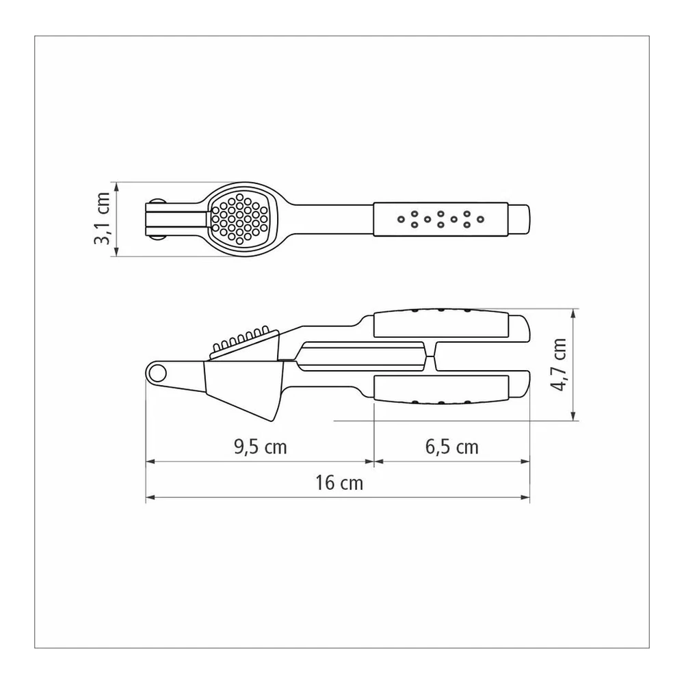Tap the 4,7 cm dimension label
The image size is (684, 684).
(x=558, y=365)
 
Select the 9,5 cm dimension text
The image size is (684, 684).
(x=261, y=447)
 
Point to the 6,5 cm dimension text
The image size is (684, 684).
(x=452, y=447)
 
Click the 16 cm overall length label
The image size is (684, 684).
(x=339, y=483)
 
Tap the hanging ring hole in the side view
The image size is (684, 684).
(x=156, y=373)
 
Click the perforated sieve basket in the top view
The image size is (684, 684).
(x=239, y=219)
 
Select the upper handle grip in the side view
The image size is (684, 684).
(x=441, y=324)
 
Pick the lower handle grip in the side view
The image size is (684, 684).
(x=441, y=389)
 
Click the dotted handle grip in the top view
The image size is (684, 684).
(x=440, y=219)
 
